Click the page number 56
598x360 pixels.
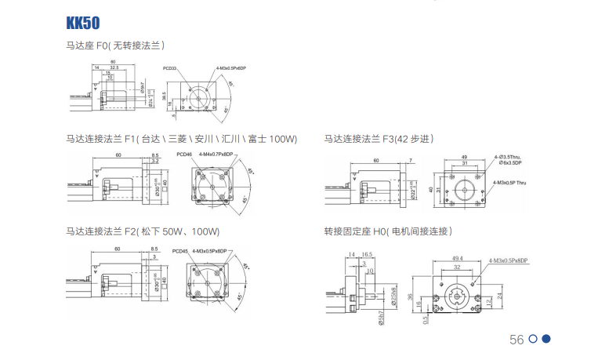(x=516, y=340)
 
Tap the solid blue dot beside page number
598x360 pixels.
(x=547, y=339)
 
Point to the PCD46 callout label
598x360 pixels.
(x=184, y=154)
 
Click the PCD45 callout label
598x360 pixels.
(x=179, y=251)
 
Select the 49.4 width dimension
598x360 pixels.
(x=458, y=256)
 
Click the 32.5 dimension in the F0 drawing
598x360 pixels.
(x=115, y=68)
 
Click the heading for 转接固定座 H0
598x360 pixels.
(x=388, y=231)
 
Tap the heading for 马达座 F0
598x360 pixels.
(x=114, y=45)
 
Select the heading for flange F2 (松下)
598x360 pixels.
(x=143, y=231)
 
